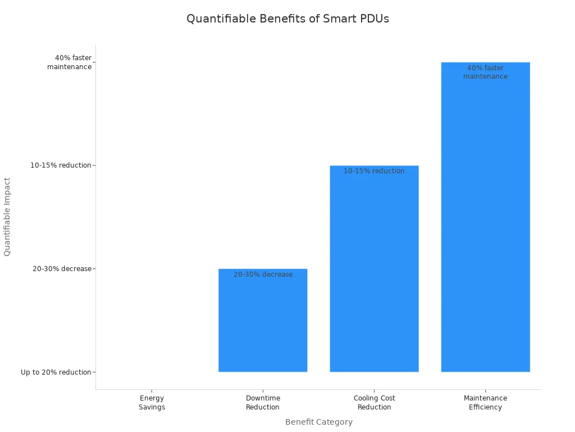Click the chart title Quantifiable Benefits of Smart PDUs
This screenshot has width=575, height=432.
tap(287, 19)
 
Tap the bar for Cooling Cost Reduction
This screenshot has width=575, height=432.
tap(374, 270)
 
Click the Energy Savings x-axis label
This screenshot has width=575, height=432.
tap(152, 403)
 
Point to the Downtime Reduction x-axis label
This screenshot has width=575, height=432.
tap(263, 403)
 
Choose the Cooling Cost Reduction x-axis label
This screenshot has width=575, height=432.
tap(374, 403)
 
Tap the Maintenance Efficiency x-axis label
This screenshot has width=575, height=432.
tap(485, 403)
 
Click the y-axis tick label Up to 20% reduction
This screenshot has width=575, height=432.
tap(56, 372)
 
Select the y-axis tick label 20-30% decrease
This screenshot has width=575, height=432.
tap(62, 269)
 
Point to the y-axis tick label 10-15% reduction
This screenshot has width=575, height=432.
tap(61, 165)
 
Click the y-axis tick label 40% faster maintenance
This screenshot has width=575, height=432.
tap(69, 62)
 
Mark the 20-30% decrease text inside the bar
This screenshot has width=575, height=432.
tap(263, 274)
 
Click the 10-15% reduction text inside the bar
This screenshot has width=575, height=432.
tap(374, 171)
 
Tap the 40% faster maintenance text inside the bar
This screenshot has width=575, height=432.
tap(485, 73)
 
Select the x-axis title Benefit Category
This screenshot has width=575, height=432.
tap(318, 422)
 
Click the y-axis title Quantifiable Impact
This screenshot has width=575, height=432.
tap(7, 217)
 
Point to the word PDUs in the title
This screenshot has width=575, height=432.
tap(374, 19)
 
